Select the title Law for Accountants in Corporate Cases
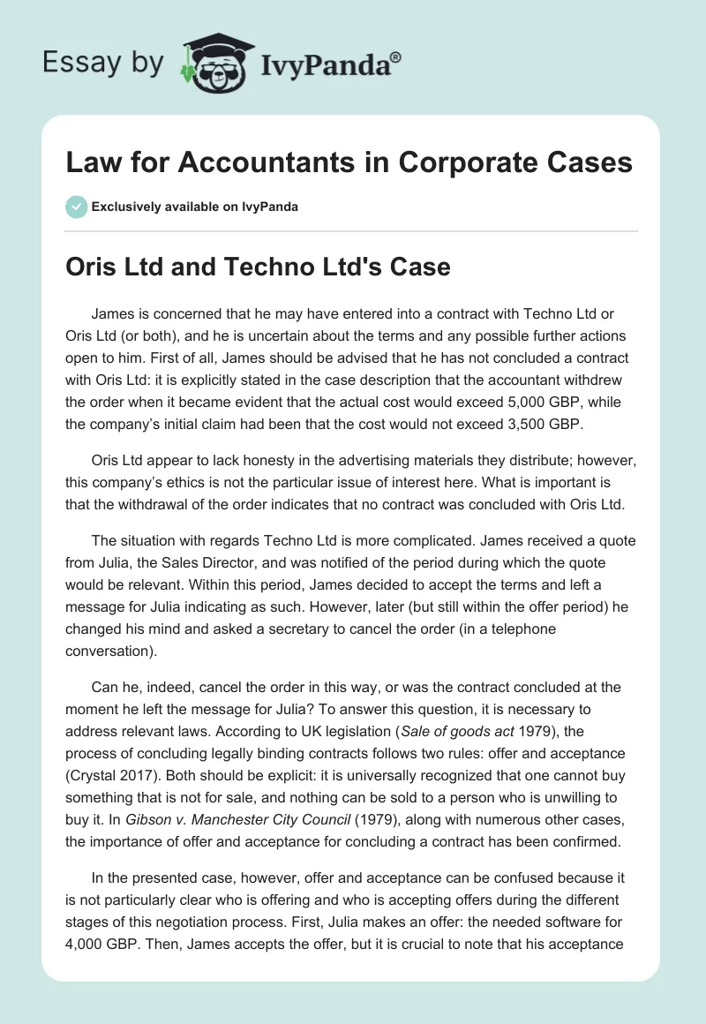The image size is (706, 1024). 349,162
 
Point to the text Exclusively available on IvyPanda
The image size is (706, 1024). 195,207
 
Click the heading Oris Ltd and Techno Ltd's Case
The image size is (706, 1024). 258,267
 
